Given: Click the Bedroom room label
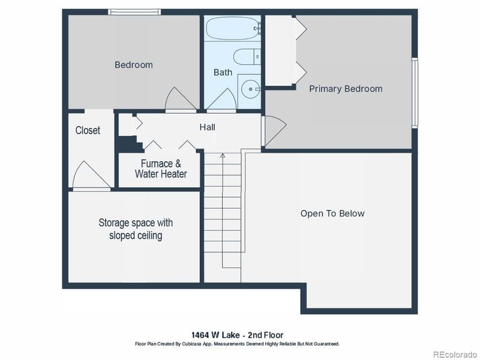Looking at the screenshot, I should click(133, 65).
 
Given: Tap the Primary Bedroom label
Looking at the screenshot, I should click(346, 89).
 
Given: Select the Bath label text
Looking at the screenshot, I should click(223, 73).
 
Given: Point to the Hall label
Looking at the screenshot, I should click(207, 127).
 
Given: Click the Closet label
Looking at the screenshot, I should click(88, 130).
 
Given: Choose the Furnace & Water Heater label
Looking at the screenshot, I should click(160, 169).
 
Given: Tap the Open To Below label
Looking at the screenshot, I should click(332, 214).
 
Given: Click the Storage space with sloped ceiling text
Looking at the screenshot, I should click(136, 229).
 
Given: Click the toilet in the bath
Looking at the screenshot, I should click(247, 57).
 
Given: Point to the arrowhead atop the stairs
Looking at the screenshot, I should click(223, 155).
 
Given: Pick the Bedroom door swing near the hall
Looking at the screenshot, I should click(178, 100).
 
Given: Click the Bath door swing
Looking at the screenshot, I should click(222, 99).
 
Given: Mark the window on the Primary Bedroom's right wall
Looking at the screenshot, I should click(414, 88).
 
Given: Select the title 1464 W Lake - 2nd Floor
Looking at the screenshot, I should click(238, 335).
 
